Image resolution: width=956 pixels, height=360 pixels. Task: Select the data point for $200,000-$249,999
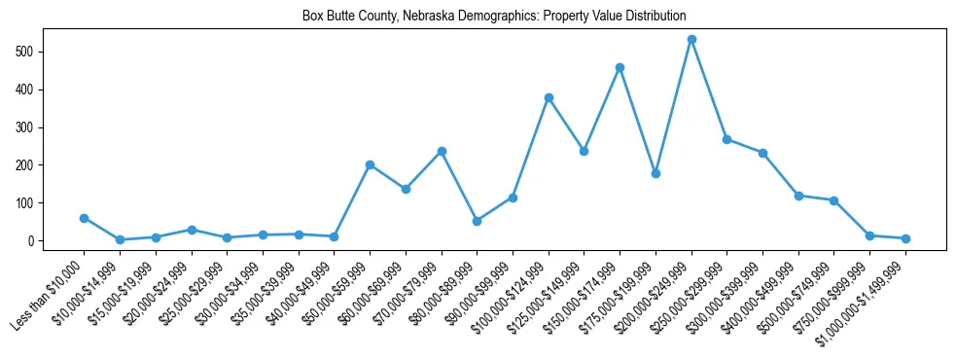(691, 40)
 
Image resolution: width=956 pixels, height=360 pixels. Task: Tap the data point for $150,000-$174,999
(620, 68)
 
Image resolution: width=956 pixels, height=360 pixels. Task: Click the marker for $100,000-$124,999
(549, 97)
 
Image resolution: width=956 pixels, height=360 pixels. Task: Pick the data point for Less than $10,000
(84, 218)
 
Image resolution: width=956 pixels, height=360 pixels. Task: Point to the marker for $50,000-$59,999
(370, 164)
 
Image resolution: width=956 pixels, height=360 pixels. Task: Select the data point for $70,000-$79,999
(442, 151)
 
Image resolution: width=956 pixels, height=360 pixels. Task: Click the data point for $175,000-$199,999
(655, 173)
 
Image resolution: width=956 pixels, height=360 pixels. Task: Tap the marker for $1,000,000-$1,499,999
(905, 238)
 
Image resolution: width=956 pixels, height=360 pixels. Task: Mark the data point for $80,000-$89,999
(477, 221)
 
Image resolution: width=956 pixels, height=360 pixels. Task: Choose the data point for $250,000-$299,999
(726, 139)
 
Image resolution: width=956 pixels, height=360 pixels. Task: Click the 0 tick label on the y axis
(31, 241)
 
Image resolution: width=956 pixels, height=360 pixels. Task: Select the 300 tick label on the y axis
(25, 127)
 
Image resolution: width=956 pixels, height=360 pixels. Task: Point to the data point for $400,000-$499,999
(798, 196)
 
